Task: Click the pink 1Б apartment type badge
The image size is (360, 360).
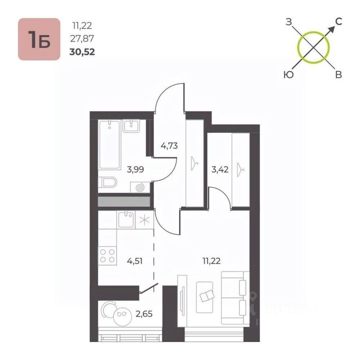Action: tap(39, 39)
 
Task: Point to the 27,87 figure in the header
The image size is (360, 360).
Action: tap(82, 39)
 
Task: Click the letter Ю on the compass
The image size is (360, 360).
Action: tap(288, 74)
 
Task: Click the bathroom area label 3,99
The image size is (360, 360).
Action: tap(135, 168)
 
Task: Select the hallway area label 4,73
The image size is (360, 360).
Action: tap(169, 145)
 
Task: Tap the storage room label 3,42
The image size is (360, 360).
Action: tap(220, 168)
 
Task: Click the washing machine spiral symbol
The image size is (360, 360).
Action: tap(140, 187)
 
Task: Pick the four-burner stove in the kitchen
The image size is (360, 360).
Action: tap(107, 256)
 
